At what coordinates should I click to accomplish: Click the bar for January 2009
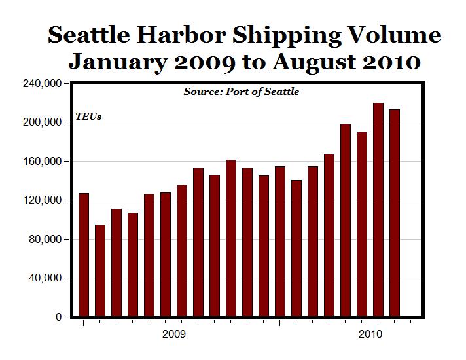[x=84, y=255]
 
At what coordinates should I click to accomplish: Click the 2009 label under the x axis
[x=174, y=334]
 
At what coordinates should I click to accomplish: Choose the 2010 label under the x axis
[x=370, y=334]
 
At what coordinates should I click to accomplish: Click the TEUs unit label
[x=88, y=117]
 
